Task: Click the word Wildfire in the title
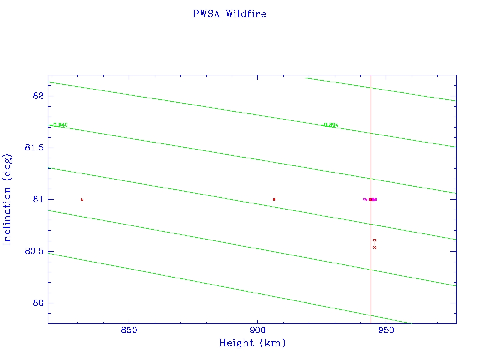coord(246,14)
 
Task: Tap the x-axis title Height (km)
coord(252,344)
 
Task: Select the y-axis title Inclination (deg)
coord(7,198)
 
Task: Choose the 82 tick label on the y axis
coord(38,96)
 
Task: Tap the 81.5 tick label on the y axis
coord(34,148)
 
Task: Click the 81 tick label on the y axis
coord(38,200)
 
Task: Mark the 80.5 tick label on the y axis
coord(34,251)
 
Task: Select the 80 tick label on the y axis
coord(38,303)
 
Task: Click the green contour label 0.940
coord(60,125)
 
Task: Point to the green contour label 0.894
coord(331,125)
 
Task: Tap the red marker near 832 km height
coord(82,199)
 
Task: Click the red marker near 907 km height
coord(274,199)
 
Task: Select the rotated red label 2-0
coord(375,243)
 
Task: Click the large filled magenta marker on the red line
coord(373,199)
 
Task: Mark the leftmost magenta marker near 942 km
coord(365,199)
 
